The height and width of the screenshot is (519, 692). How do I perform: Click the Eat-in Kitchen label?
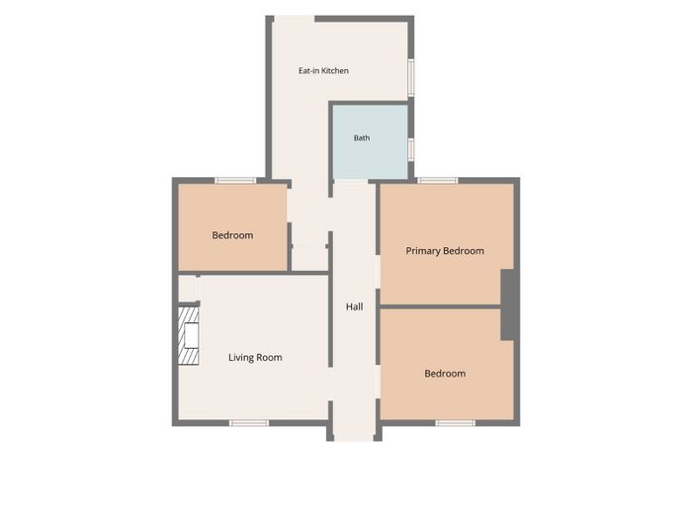pos(323,70)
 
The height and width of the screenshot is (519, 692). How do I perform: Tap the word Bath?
pos(362,138)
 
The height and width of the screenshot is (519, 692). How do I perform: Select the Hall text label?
pos(354,306)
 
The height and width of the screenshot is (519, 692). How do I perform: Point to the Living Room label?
pos(255,358)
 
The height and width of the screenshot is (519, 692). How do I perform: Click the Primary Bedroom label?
pos(445,251)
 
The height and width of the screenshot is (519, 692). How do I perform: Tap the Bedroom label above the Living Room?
pos(232,235)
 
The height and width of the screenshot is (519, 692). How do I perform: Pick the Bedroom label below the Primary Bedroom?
pos(445,374)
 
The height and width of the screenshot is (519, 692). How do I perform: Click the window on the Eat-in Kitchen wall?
pos(411,78)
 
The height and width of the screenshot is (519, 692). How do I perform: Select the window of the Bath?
pos(411,149)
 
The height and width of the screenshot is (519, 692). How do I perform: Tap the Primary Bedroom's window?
pos(438,181)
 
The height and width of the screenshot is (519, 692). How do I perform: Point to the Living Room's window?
pos(249,423)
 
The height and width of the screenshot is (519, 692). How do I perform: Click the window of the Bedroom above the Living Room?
pos(235,181)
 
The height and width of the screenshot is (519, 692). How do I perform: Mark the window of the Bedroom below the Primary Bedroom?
pos(455,423)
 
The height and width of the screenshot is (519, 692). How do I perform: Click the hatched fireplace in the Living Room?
pos(189,335)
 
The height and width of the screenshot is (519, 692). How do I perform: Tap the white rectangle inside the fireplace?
pos(192,335)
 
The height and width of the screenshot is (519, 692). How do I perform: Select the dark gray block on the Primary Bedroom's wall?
pos(507,304)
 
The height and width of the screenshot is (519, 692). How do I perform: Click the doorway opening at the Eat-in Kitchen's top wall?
pos(295,19)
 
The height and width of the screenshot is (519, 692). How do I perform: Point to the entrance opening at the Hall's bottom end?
pos(354,438)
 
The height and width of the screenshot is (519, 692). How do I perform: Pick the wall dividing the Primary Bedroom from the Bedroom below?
pos(441,306)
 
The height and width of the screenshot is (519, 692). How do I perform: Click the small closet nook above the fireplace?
pos(187,289)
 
